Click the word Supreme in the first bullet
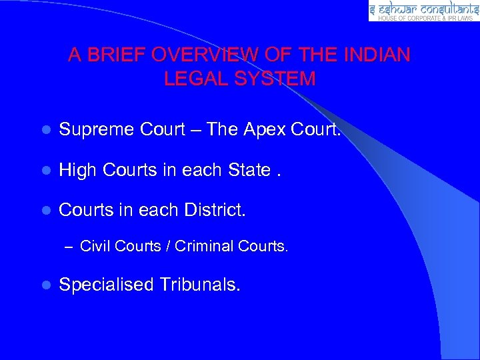pyautogui.click(x=97, y=129)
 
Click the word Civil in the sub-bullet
pyautogui.click(x=95, y=247)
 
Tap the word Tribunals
pyautogui.click(x=200, y=285)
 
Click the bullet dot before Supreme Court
pyautogui.click(x=45, y=130)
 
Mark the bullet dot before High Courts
pyautogui.click(x=45, y=171)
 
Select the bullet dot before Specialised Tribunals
pyautogui.click(x=45, y=285)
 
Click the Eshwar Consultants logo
pyautogui.click(x=423, y=11)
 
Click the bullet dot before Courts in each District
pyautogui.click(x=45, y=211)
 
